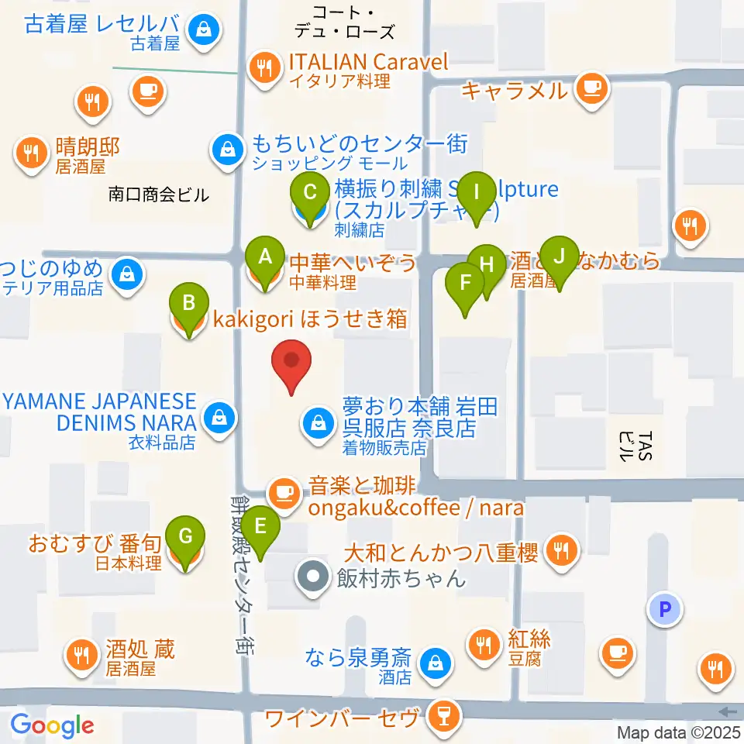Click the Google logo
click(x=53, y=725)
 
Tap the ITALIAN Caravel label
click(x=368, y=62)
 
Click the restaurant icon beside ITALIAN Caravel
click(x=265, y=67)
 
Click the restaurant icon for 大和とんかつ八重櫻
click(x=560, y=550)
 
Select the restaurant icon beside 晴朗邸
click(x=32, y=152)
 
